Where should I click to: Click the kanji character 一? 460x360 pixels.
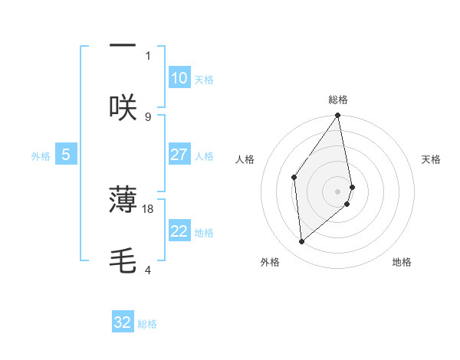(x=123, y=44)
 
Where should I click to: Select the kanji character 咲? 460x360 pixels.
(x=123, y=107)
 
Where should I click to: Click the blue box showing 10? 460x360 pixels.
(x=179, y=78)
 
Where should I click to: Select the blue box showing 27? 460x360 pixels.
(x=179, y=155)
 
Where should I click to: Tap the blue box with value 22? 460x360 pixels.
(x=179, y=231)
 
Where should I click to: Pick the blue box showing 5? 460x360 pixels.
(x=66, y=155)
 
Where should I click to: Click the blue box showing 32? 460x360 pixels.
(x=123, y=322)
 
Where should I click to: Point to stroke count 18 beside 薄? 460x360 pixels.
(x=148, y=208)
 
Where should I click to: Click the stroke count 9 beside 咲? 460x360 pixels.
(x=148, y=116)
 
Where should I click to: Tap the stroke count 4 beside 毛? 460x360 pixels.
(x=148, y=270)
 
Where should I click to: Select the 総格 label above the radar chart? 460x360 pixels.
(x=338, y=100)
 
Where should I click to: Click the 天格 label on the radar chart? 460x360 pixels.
(x=431, y=159)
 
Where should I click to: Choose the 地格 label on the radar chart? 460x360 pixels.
(x=402, y=262)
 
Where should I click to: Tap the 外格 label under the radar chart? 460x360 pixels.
(x=270, y=262)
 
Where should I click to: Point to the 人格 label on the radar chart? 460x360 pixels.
(x=245, y=159)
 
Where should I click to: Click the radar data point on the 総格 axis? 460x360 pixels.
(x=338, y=116)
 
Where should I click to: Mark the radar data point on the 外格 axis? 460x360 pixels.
(x=302, y=241)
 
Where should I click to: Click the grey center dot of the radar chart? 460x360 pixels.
(x=338, y=191)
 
